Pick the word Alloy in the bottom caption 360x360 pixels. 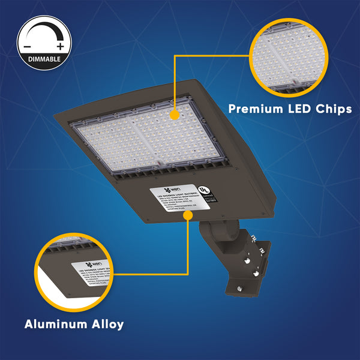(x=107, y=325)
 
